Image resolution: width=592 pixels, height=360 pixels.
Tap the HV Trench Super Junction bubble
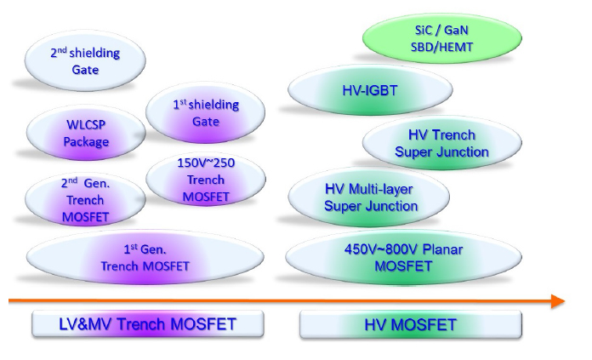coord(441,143)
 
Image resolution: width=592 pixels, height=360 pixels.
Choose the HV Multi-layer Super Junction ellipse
coord(371,197)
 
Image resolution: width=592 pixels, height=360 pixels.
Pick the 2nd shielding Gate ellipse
coord(84,61)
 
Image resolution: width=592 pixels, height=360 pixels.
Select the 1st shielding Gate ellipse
coord(197,112)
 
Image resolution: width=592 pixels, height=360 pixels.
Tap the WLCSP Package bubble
coord(86,134)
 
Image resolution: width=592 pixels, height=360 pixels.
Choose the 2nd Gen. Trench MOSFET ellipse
coord(85,200)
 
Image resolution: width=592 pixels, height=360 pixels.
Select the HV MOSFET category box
coord(410,324)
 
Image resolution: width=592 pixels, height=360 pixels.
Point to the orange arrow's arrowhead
coord(558,300)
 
